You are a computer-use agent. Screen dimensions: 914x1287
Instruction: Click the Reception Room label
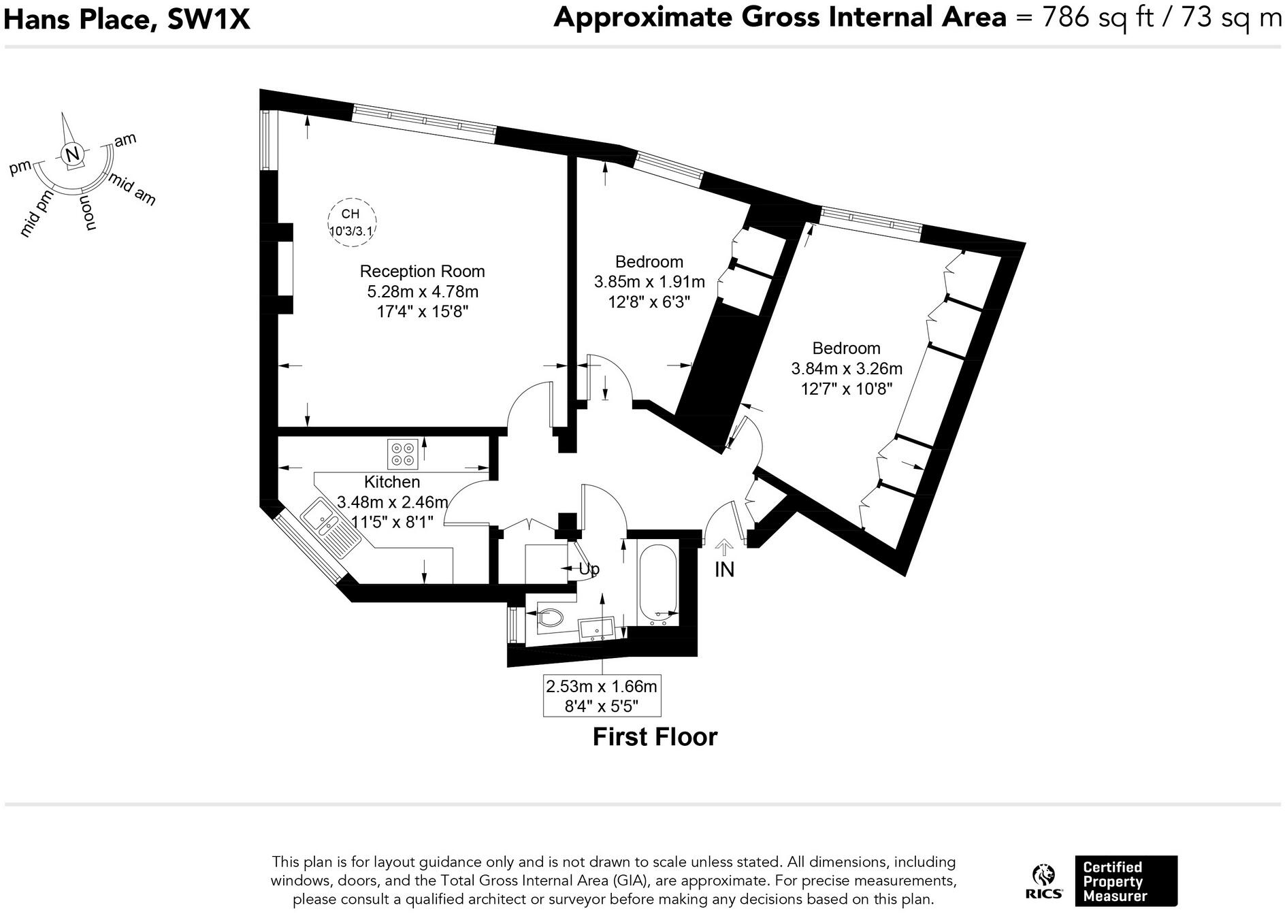pyautogui.click(x=422, y=272)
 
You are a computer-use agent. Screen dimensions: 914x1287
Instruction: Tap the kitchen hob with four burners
pyautogui.click(x=402, y=454)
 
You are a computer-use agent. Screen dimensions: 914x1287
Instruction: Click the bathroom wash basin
pyautogui.click(x=596, y=627)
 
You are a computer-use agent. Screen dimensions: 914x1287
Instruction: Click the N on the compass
pyautogui.click(x=72, y=154)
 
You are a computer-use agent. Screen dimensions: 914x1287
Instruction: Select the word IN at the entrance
pyautogui.click(x=724, y=570)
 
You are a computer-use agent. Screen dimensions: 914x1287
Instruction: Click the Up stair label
pyautogui.click(x=589, y=569)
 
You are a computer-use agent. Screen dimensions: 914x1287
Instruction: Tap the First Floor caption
pyautogui.click(x=654, y=737)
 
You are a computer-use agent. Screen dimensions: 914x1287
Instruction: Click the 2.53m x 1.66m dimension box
pyautogui.click(x=602, y=696)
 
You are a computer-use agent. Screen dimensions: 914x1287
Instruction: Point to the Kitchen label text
pyautogui.click(x=391, y=482)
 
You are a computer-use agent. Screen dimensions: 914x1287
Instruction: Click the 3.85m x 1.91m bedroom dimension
pyautogui.click(x=649, y=282)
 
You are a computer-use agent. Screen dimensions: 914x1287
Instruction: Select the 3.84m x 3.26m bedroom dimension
pyautogui.click(x=846, y=369)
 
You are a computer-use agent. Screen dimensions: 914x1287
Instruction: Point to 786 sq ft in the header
pyautogui.click(x=1095, y=17)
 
